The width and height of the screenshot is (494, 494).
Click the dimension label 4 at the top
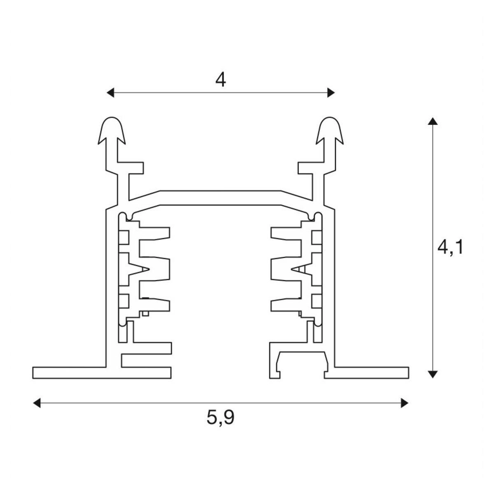tap(221, 79)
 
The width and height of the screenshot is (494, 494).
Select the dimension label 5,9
tap(221, 417)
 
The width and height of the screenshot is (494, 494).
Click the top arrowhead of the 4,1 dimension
tap(432, 121)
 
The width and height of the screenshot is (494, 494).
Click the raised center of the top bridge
tap(221, 194)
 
